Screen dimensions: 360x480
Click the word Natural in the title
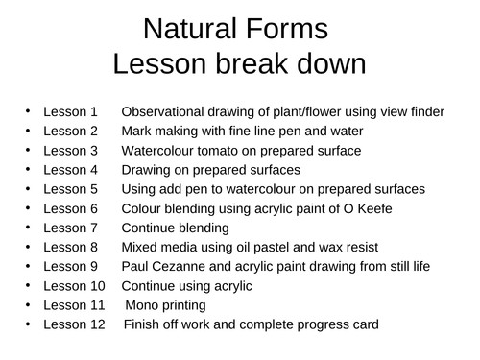point(188,30)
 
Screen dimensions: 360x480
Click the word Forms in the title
point(287,30)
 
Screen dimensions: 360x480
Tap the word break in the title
point(239,64)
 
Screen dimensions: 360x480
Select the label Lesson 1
point(70,111)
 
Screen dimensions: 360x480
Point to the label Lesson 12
point(74,324)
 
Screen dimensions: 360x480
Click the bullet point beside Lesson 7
point(30,228)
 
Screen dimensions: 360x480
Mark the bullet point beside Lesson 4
point(30,170)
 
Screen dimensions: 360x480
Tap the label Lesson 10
point(74,285)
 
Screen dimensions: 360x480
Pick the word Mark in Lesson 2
point(136,131)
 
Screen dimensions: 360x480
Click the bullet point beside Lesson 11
point(30,305)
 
